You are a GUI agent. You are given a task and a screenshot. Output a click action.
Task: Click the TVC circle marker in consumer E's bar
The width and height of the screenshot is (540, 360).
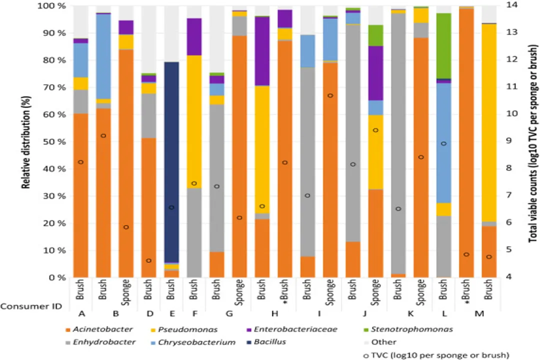click(x=171, y=207)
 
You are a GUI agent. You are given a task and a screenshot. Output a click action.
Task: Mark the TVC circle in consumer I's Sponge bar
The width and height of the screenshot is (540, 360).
click(x=330, y=95)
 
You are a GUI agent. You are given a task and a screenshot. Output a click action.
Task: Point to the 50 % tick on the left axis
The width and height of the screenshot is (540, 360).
click(x=55, y=142)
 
